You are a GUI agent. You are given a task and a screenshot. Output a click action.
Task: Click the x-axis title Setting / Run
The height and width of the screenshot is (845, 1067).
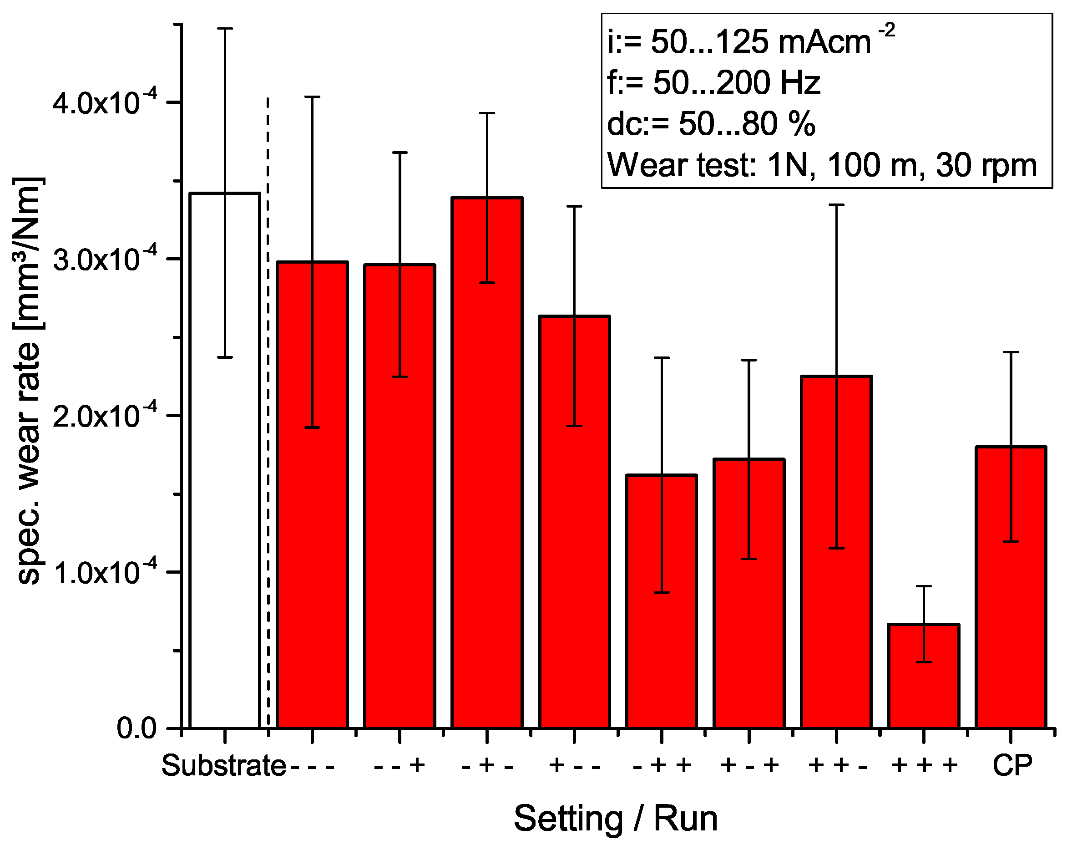click(x=616, y=819)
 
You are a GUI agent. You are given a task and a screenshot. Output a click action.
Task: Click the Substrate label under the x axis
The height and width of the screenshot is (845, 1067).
click(x=223, y=766)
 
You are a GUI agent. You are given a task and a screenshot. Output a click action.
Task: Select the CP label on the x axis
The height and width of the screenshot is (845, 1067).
click(x=1012, y=766)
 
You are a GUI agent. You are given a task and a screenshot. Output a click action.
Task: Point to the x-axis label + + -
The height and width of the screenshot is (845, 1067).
click(x=837, y=766)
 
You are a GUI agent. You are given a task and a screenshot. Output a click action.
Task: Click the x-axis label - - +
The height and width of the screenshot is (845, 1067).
click(x=399, y=766)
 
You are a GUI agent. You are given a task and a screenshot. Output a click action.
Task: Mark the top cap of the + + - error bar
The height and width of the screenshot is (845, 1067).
click(x=837, y=204)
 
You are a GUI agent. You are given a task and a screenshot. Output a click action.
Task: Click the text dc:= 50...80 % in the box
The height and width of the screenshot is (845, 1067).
click(x=711, y=124)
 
